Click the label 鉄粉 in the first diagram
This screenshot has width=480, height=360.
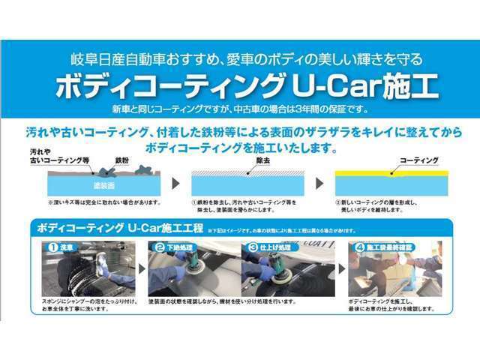pyautogui.click(x=122, y=160)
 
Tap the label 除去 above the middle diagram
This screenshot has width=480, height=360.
pyautogui.click(x=262, y=160)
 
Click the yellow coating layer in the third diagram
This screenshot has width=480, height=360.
pyautogui.click(x=390, y=172)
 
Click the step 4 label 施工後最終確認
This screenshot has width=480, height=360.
pyautogui.click(x=387, y=246)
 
